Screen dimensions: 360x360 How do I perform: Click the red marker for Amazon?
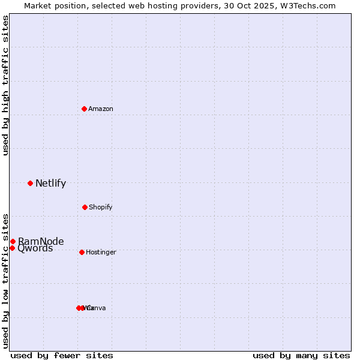click(x=85, y=109)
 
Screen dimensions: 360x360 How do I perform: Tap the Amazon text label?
click(x=101, y=109)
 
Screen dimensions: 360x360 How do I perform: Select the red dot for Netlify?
click(x=31, y=183)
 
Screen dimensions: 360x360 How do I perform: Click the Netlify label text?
click(x=50, y=184)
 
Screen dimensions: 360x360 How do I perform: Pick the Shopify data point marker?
click(x=85, y=207)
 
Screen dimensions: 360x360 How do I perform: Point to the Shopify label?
click(x=101, y=208)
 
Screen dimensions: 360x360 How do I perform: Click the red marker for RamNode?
click(x=13, y=241)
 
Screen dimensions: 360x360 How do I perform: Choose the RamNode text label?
click(x=41, y=242)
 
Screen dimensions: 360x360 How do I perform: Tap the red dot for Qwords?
click(x=12, y=248)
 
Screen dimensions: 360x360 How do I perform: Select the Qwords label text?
click(x=35, y=248)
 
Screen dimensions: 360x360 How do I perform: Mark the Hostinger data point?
click(x=82, y=252)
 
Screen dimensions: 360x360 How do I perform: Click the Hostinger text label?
click(x=101, y=253)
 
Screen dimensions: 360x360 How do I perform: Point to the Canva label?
click(x=97, y=308)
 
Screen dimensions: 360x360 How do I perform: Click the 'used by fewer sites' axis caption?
click(x=62, y=355)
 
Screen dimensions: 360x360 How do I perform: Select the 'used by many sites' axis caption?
click(x=301, y=355)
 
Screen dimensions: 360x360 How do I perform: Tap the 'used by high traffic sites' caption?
click(x=5, y=85)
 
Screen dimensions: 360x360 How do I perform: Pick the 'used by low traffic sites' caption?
click(x=5, y=281)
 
